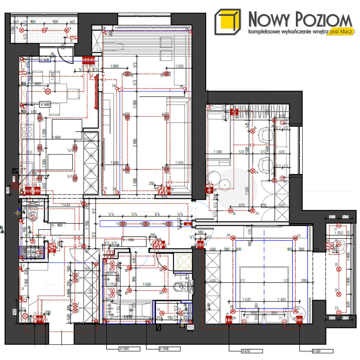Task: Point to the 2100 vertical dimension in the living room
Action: [134, 143]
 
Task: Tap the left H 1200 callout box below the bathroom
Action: [129, 349]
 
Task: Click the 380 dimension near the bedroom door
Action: [200, 232]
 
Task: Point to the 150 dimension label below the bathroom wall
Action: [190, 328]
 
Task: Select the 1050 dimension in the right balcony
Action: [338, 233]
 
